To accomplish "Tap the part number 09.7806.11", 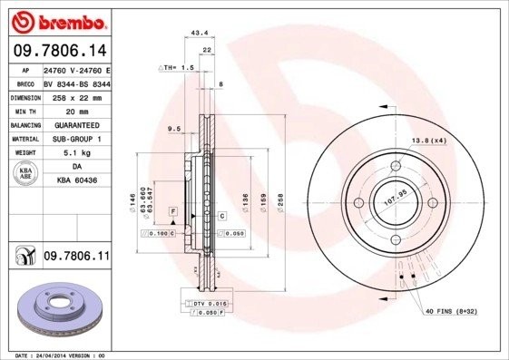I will point(76,258).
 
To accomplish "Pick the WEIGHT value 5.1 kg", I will point(75,153).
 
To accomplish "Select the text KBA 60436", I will point(76,181).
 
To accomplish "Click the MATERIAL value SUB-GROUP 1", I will point(76,139).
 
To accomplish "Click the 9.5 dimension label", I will point(174,131).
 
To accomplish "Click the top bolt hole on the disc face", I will point(396,166).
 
